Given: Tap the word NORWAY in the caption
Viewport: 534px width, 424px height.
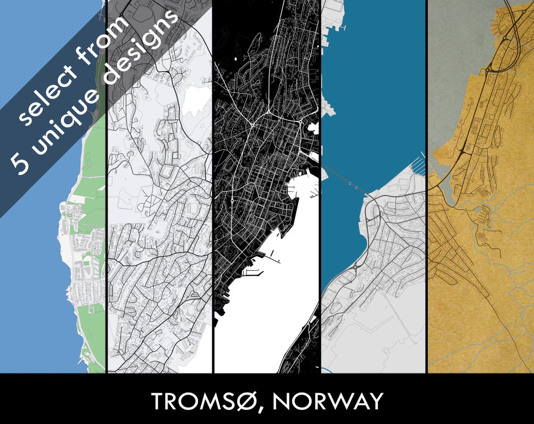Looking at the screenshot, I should tap(327, 401).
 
